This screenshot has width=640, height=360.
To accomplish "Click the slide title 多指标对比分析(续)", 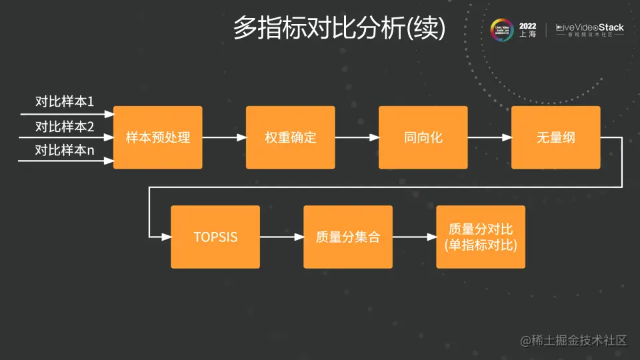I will point(339,28).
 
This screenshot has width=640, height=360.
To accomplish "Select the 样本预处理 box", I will point(158,138).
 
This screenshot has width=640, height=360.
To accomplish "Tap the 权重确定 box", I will point(290,138).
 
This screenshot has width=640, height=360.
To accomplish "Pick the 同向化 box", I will point(423,138).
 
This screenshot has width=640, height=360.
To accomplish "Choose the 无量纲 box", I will point(555,138).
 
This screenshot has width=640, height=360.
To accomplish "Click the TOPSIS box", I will point(215,237).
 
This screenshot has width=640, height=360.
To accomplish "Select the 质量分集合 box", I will point(348,237).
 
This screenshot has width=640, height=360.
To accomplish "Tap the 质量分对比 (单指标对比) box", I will point(481,237).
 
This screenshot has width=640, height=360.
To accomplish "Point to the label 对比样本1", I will point(65,102).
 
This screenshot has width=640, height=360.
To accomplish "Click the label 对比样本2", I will point(65,126).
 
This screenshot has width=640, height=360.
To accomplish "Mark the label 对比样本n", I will point(65,150).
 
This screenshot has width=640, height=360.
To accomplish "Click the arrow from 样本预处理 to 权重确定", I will point(224,138).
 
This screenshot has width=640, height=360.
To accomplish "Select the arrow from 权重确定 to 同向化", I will point(357,138).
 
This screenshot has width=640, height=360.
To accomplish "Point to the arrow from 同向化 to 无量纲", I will point(489,138).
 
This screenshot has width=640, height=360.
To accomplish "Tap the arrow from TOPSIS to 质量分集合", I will point(281,237).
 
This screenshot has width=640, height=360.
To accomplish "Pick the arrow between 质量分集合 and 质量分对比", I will point(414,237).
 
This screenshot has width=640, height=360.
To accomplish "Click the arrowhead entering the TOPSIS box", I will point(166,237).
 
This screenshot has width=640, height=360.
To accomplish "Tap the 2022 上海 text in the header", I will point(527,30).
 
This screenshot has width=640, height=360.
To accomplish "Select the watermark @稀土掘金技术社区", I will point(575,341).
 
